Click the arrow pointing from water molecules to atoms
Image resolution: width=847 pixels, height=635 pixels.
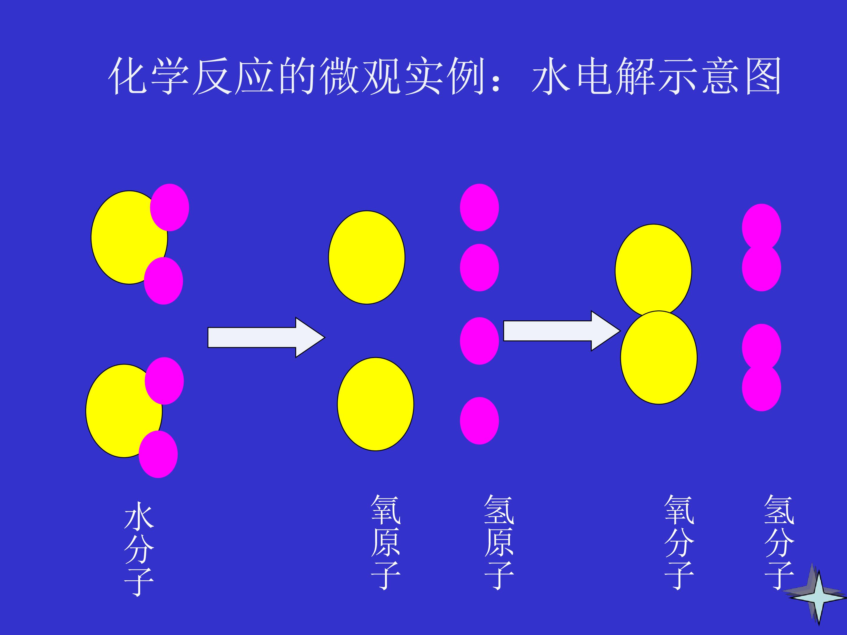coord(266,337)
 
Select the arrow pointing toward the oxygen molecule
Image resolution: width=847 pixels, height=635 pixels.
coord(562,331)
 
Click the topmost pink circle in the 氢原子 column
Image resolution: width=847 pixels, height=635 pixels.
coord(479,208)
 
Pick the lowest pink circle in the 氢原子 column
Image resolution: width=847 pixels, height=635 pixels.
coord(479,421)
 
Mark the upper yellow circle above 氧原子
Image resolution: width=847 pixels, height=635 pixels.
coord(367,258)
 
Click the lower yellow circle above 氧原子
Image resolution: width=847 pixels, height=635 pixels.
coord(376,404)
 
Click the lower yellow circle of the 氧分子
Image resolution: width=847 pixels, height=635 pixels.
coord(659,357)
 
